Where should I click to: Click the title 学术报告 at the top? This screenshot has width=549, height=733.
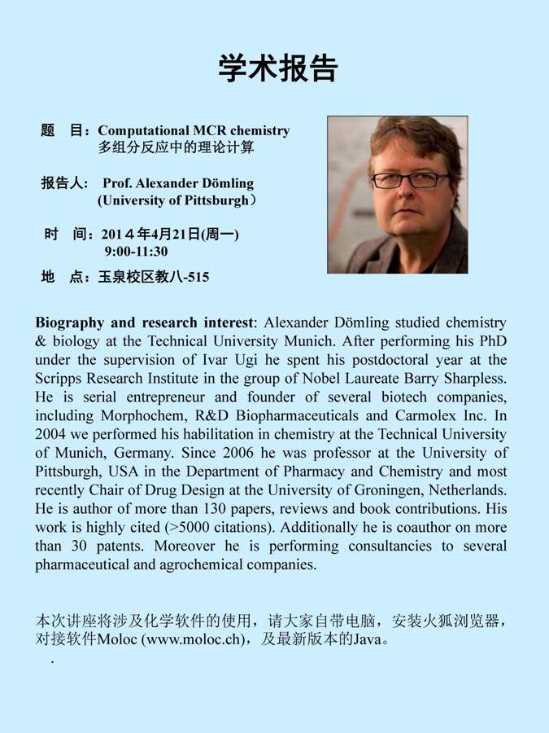277,68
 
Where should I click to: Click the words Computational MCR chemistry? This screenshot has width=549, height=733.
194,130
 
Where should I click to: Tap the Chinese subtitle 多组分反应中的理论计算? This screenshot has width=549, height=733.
176,149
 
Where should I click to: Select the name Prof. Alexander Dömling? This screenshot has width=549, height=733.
178,183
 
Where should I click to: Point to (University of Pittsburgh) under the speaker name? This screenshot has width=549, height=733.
176,200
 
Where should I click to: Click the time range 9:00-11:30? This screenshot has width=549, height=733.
136,252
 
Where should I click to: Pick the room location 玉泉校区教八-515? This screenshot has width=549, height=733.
153,277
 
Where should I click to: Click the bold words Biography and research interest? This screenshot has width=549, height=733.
146,323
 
